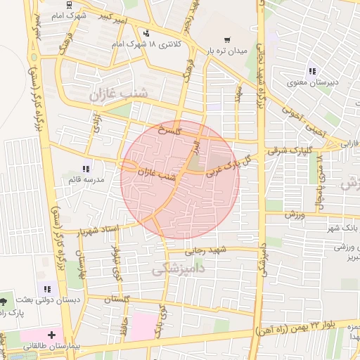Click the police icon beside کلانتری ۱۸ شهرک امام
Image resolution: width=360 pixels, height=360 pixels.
(x=146, y=33)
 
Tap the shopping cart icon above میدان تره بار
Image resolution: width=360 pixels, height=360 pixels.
(x=226, y=39)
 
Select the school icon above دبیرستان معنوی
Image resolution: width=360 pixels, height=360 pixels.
(x=312, y=70)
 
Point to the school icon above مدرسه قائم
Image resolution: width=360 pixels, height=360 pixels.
(x=86, y=169)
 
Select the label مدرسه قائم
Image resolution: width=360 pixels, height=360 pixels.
(x=84, y=180)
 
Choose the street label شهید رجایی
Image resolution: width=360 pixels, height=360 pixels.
(x=204, y=250)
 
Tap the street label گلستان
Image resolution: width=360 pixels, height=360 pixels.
(x=118, y=300)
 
